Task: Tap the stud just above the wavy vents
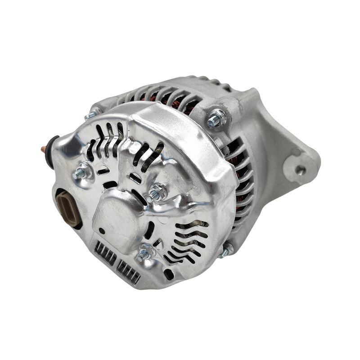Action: coord(145,254)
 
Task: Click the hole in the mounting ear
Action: coord(300,170)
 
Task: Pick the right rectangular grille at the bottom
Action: coord(128,271)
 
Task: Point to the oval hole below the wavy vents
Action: coord(169,273)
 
